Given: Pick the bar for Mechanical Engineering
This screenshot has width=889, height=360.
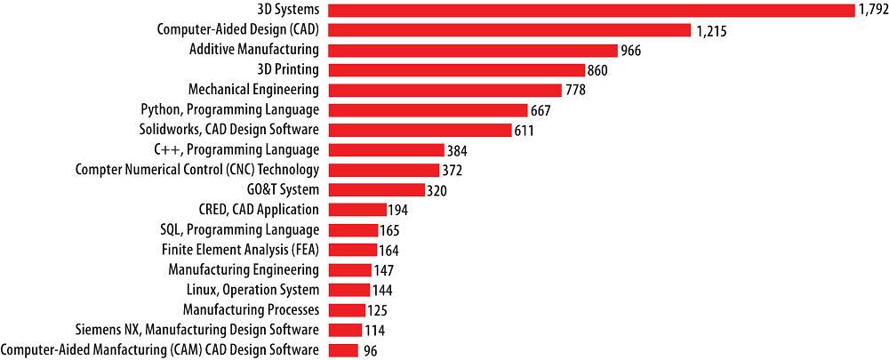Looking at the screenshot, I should [445, 90].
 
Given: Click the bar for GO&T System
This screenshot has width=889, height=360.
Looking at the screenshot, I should [377, 189].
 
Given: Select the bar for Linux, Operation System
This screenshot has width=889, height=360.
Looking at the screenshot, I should [349, 290].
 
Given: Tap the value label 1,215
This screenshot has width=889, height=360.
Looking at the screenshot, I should [711, 30].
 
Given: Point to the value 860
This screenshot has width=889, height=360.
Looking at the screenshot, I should [597, 70].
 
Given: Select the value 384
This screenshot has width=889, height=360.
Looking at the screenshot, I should [458, 150].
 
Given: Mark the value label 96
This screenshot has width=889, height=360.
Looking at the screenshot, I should [370, 350].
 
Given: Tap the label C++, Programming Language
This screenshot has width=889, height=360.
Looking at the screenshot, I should [236, 149].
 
